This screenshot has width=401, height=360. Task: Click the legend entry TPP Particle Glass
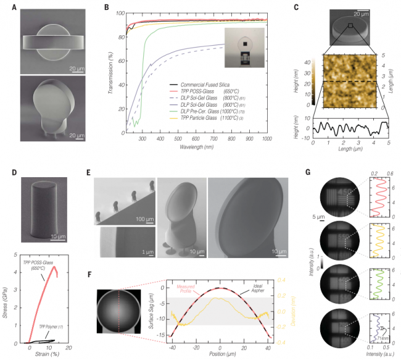[x=197, y=116]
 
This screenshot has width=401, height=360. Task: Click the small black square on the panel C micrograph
[x=350, y=25]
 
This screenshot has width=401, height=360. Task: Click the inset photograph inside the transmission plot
[x=245, y=49]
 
